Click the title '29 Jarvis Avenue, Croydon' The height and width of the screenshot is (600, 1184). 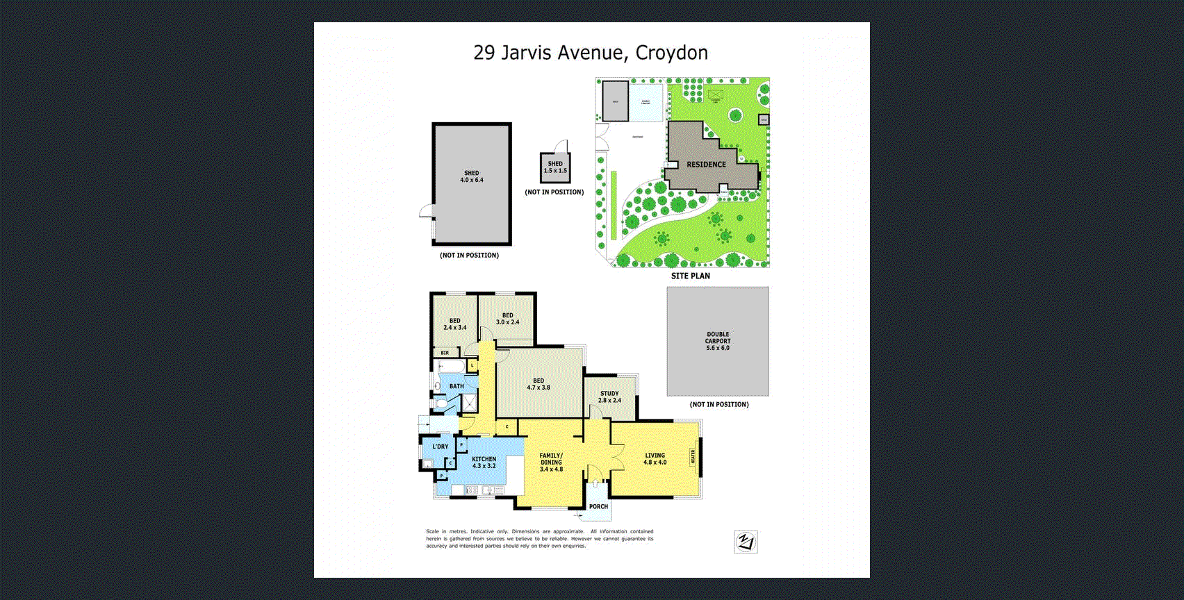point(591,53)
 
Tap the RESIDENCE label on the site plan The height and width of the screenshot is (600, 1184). point(706,165)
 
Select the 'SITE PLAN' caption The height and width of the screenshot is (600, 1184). point(690,276)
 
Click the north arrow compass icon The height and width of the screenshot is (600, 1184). point(746,542)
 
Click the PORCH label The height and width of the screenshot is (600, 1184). point(598,506)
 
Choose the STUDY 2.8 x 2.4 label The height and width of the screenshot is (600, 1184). point(609,397)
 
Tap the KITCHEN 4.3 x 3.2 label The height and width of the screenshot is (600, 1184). point(484,462)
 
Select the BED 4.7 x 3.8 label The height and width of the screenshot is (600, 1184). point(538,384)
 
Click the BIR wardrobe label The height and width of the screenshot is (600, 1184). point(445,353)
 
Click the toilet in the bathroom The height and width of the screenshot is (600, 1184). point(441,403)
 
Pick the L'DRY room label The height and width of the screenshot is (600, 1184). point(440,447)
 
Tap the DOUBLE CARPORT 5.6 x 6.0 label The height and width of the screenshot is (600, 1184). point(718,341)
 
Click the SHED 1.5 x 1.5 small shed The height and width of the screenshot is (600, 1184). point(555,167)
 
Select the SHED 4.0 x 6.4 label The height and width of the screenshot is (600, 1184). point(472,176)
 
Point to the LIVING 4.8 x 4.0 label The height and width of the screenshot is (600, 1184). point(655,458)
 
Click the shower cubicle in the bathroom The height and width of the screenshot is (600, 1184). point(470,403)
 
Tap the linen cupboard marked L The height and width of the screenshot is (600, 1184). point(472,365)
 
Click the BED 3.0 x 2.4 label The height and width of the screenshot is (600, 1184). point(507,319)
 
